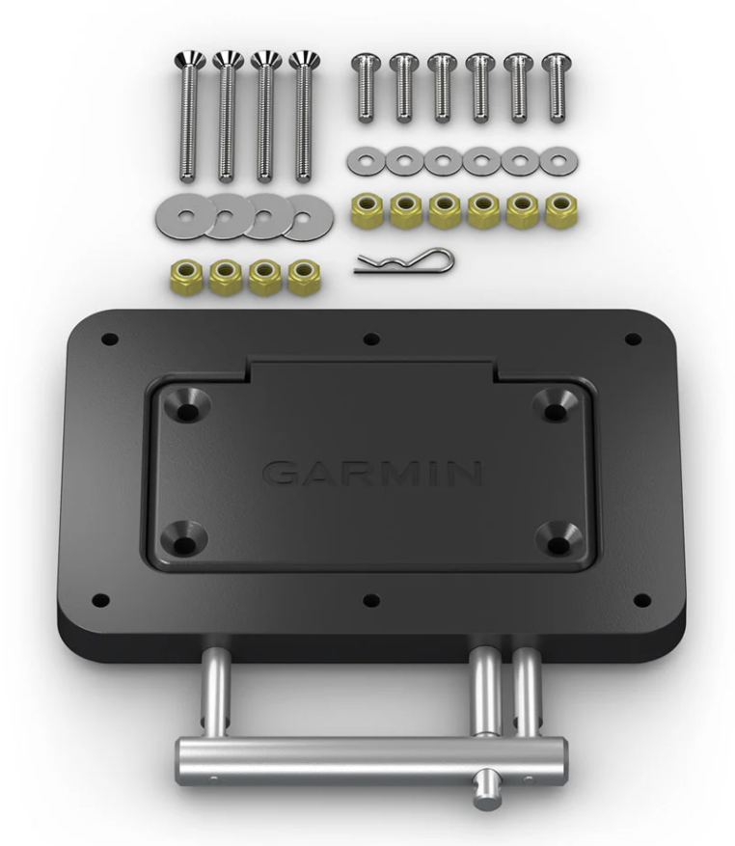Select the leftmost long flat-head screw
point(185,116)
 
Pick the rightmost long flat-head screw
point(303,116)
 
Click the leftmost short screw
point(365,87)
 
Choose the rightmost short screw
point(554,87)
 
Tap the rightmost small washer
point(554,160)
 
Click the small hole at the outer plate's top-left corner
point(108,340)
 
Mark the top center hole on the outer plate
point(371,340)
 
